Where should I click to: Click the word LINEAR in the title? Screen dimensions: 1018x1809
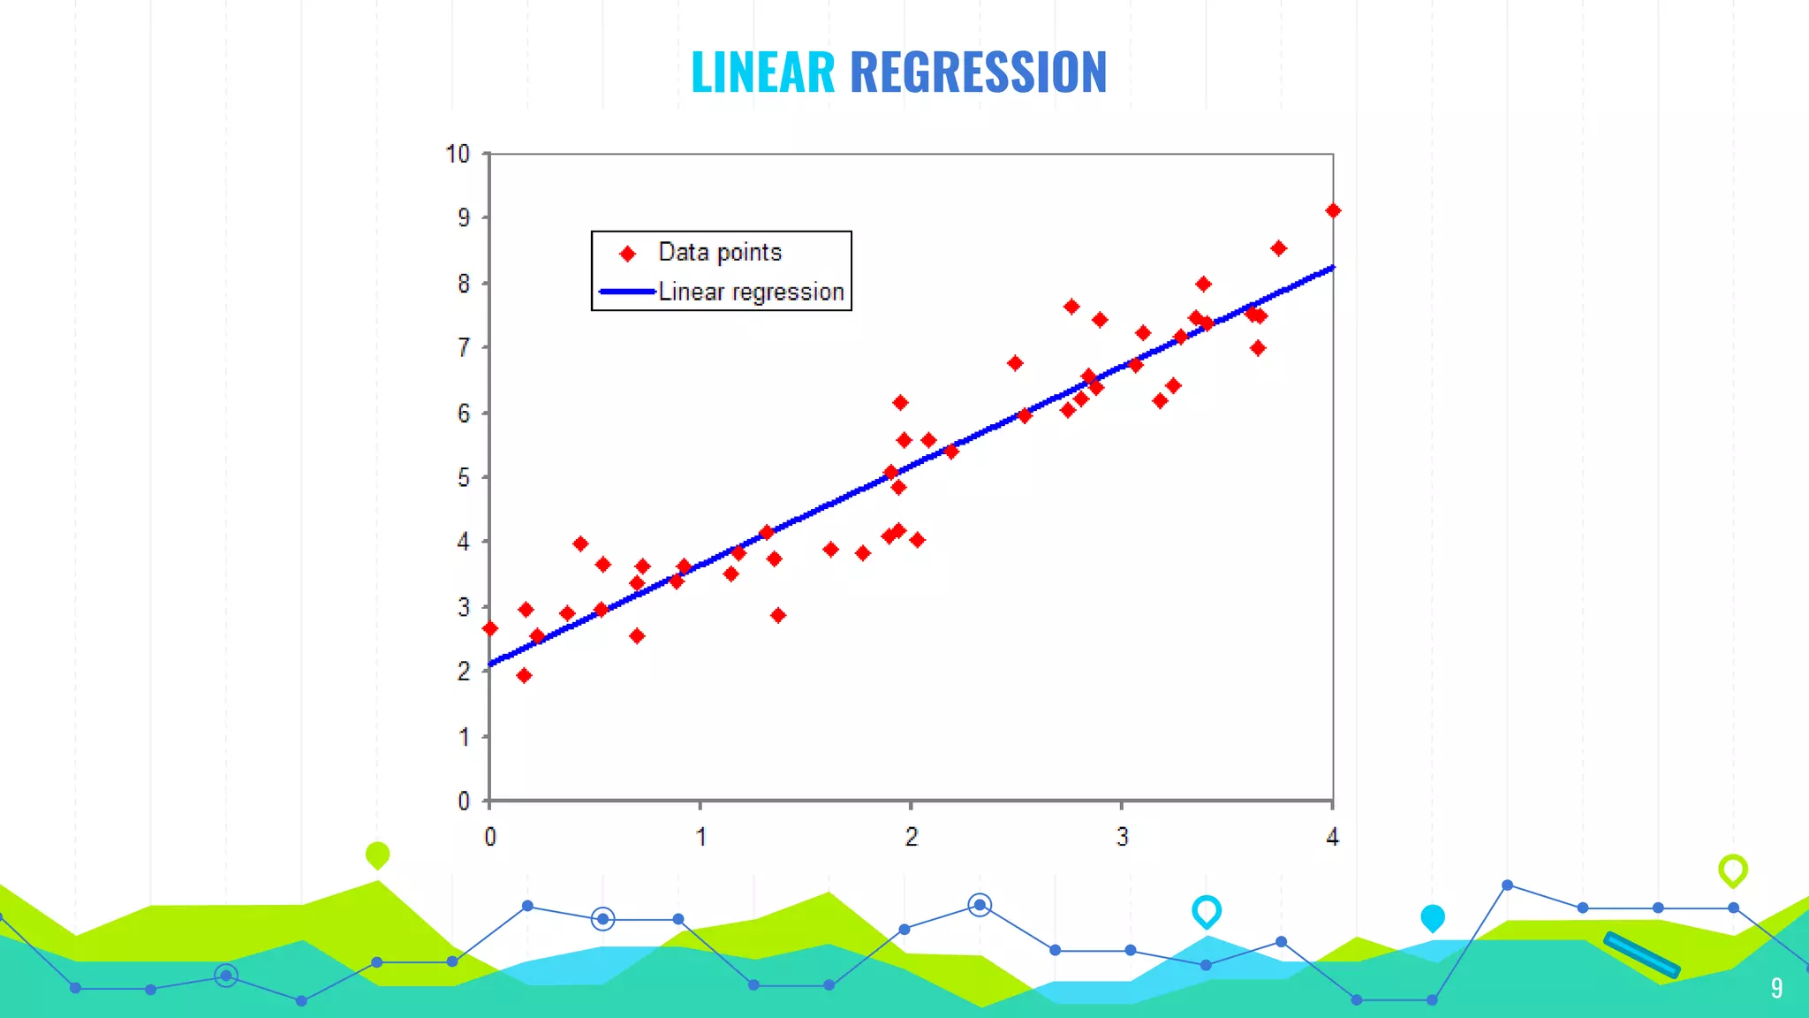762,72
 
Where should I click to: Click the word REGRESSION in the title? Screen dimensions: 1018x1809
978,72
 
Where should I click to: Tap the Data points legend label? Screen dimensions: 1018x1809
720,253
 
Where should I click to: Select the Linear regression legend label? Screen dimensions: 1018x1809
751,292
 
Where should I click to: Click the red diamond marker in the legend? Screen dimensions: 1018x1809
628,254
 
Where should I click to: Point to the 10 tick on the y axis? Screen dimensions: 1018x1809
458,154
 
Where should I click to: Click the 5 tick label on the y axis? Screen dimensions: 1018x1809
464,478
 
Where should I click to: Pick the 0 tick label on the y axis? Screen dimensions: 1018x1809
464,801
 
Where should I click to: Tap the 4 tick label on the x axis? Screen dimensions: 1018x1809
1332,836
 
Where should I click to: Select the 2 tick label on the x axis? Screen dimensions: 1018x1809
911,836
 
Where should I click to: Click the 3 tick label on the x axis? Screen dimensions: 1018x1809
1122,836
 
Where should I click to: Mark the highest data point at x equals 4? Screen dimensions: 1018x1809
1333,210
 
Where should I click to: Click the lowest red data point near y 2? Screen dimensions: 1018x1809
524,676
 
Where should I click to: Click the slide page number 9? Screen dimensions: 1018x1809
1776,988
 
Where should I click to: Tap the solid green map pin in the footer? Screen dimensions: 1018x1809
377,855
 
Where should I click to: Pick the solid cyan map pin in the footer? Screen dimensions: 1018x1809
1433,918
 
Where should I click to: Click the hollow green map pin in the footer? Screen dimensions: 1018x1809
1733,870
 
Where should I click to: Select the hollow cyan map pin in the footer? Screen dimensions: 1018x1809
1207,911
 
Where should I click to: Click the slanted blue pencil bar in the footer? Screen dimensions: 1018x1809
1641,955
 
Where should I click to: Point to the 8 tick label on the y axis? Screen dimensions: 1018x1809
464,284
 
